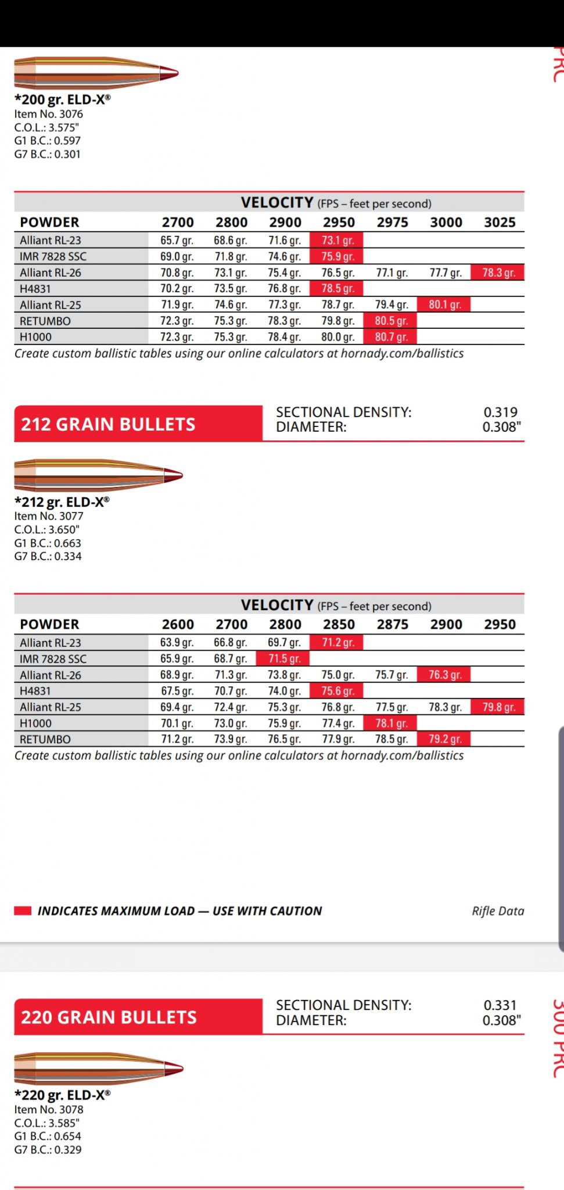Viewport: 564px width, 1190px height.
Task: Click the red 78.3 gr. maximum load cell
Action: click(498, 273)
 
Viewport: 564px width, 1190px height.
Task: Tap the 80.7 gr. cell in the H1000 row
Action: click(391, 337)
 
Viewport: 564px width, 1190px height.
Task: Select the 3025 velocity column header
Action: click(500, 223)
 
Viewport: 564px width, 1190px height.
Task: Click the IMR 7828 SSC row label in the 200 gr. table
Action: click(53, 256)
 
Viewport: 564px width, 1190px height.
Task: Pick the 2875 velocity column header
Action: click(392, 625)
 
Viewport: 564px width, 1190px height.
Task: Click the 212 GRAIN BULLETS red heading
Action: click(109, 424)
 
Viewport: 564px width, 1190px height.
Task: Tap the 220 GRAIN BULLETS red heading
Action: click(109, 1017)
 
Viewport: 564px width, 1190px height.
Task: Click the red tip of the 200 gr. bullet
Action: click(170, 73)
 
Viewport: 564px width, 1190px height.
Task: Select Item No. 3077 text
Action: click(49, 516)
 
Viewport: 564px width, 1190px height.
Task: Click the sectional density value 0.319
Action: click(500, 412)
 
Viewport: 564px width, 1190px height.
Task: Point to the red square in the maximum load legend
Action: click(23, 911)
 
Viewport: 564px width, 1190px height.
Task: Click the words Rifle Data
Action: click(498, 911)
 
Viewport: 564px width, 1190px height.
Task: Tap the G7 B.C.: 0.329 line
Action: click(48, 1149)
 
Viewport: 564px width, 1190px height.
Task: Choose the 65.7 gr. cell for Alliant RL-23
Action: click(177, 240)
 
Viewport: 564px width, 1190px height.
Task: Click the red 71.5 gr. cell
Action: click(285, 659)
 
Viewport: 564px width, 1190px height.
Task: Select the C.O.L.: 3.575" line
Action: click(46, 127)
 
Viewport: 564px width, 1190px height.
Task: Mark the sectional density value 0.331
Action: click(500, 1005)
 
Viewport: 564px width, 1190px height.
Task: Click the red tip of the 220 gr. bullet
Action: click(174, 1068)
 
